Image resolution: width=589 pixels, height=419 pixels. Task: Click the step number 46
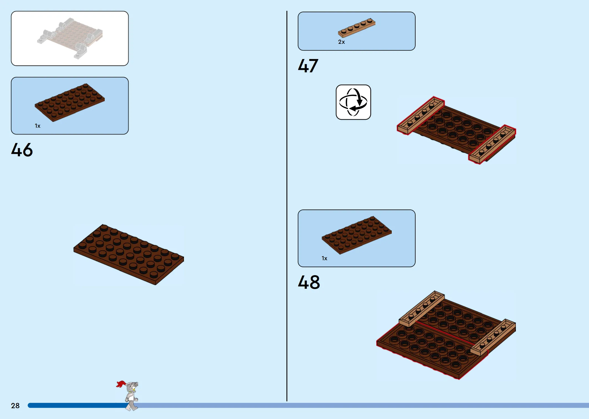(x=22, y=150)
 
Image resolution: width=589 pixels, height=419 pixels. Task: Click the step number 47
(x=308, y=66)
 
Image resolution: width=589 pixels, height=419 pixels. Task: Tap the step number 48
(x=309, y=282)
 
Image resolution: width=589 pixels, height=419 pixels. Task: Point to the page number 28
(x=15, y=406)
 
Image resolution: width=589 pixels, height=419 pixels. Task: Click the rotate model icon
(x=353, y=102)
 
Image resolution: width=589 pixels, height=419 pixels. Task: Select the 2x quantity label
(x=341, y=42)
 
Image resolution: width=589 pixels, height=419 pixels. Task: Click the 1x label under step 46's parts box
(x=38, y=126)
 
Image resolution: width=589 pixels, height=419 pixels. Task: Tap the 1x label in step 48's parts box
(x=324, y=258)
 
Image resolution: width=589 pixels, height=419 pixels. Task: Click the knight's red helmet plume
(x=121, y=384)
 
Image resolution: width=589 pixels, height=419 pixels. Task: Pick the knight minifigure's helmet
(x=132, y=386)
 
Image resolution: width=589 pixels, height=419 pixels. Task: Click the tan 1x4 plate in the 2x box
(x=357, y=27)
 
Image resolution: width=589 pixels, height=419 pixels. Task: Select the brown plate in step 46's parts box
(x=70, y=103)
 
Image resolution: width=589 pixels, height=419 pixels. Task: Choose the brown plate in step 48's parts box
(x=357, y=235)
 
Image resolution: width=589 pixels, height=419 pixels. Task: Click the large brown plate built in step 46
(x=129, y=254)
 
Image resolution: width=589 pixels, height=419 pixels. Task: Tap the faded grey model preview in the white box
(x=70, y=38)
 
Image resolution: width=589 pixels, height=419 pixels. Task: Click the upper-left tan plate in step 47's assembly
(x=421, y=115)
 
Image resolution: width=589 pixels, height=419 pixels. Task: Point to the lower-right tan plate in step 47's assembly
(x=492, y=144)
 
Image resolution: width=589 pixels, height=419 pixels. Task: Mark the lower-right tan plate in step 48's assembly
(x=493, y=337)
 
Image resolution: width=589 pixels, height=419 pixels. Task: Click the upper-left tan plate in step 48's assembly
(x=422, y=309)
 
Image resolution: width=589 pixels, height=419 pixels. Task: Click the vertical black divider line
(x=287, y=206)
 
